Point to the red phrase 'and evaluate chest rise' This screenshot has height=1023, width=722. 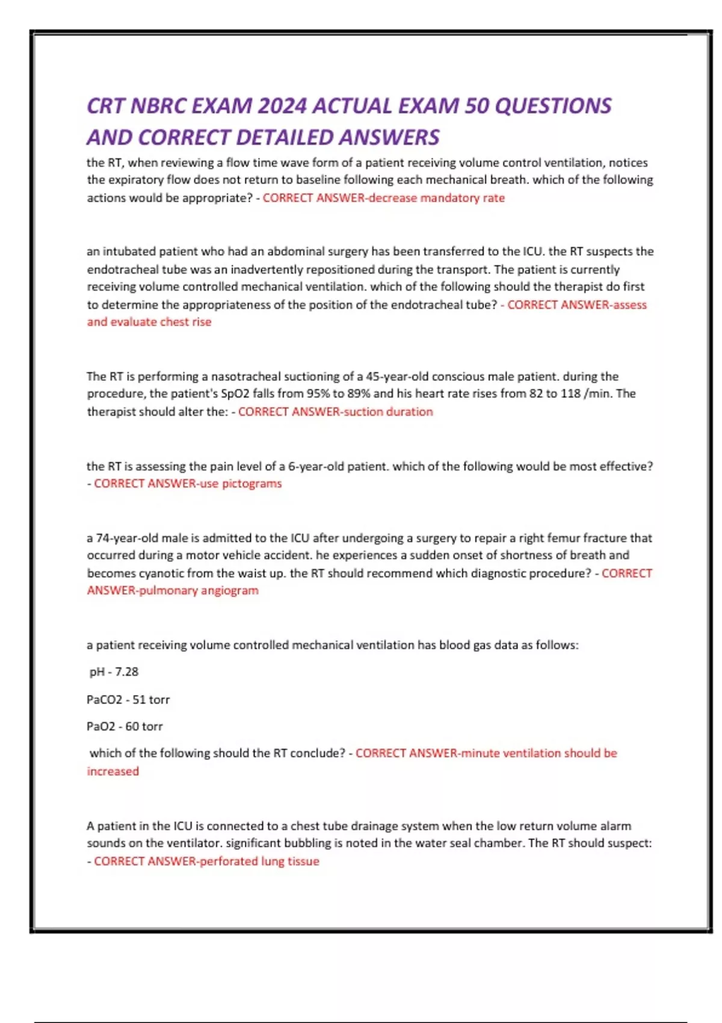coord(149,322)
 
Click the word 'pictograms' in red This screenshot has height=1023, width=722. coord(251,484)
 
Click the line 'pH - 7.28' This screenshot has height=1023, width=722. coord(114,672)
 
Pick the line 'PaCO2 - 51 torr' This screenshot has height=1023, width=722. coord(128,700)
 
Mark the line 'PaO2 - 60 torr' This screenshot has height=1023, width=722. coord(125,726)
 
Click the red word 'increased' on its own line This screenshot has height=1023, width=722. coord(113,771)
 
